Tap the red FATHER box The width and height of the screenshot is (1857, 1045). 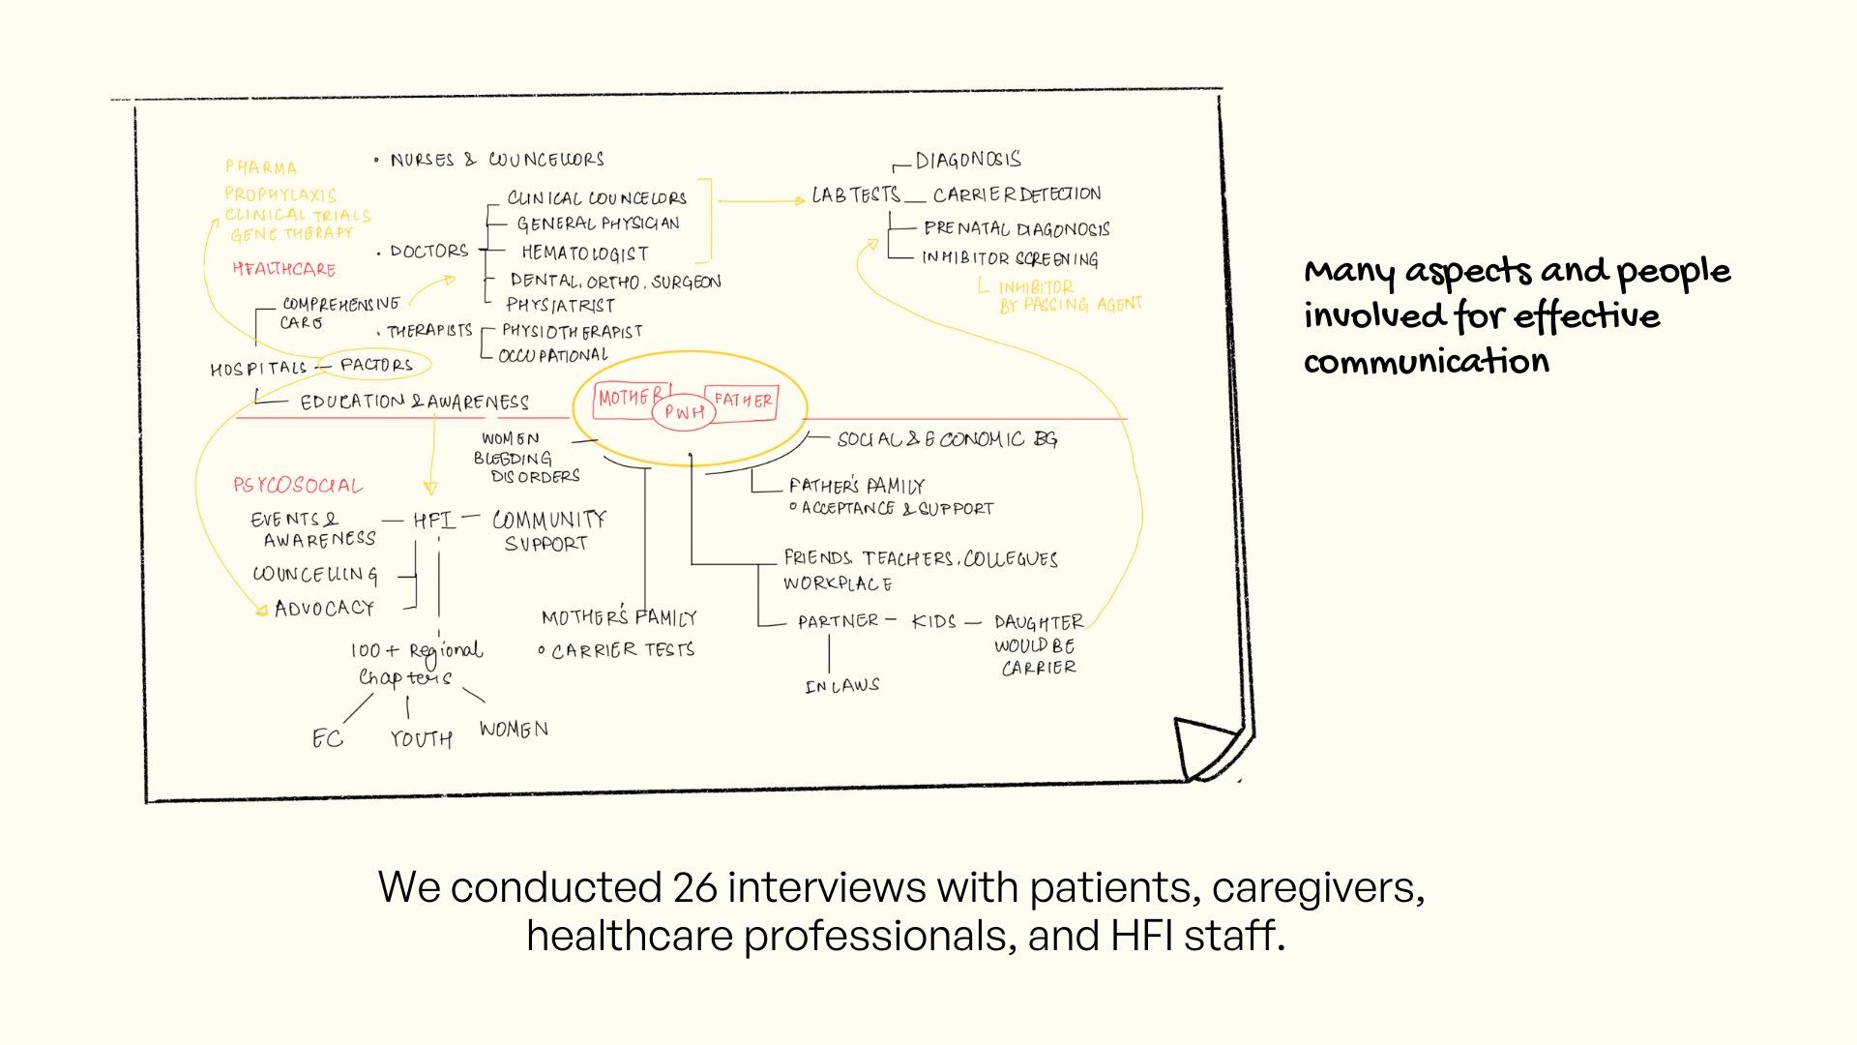coord(743,401)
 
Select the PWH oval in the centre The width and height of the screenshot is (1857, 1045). coord(684,412)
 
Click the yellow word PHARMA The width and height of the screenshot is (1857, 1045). coord(261,167)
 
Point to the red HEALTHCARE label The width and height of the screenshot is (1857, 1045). coord(284,269)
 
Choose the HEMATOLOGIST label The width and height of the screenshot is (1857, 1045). coord(584,254)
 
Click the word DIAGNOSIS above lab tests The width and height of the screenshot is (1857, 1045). coord(968,160)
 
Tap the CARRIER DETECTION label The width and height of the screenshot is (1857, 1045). coord(1017,194)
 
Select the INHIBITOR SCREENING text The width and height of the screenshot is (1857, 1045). coord(1010,258)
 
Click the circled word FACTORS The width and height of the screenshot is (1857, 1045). coord(376,365)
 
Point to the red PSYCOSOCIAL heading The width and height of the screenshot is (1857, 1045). coord(298,486)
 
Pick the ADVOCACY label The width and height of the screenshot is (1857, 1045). coord(324,609)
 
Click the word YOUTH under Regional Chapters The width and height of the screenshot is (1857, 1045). coord(421,739)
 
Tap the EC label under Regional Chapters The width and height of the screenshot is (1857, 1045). coord(327,739)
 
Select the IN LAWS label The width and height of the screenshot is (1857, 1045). coord(841,686)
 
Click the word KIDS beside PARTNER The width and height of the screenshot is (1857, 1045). coord(933,621)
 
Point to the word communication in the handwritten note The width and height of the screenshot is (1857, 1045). coord(1426,362)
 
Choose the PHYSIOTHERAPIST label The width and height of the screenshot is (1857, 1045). coord(572,331)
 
